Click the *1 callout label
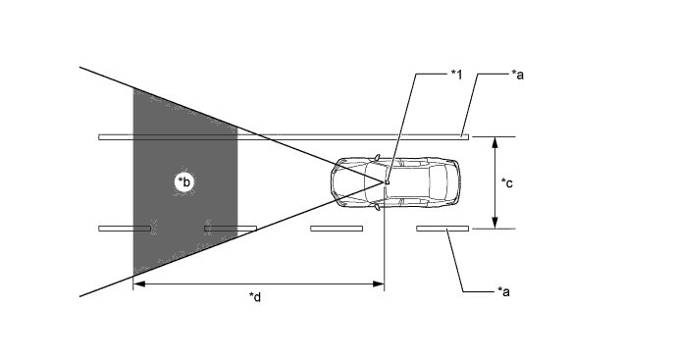[x=456, y=75]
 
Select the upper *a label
[x=517, y=75]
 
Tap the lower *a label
[x=503, y=292]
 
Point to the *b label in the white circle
[x=184, y=181]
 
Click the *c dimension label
[x=507, y=183]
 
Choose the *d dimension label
[x=255, y=297]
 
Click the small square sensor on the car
[x=388, y=182]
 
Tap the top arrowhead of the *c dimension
[x=494, y=143]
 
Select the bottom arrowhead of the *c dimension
[x=494, y=222]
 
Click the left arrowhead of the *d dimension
[x=139, y=283]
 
